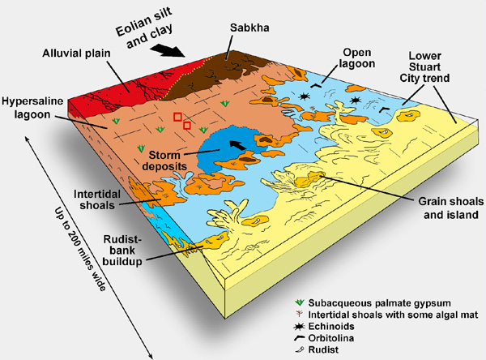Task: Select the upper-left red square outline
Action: click(178, 118)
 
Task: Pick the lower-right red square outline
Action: click(187, 126)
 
